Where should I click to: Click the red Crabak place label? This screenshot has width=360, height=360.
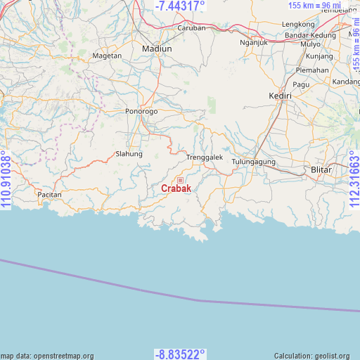tap(175, 188)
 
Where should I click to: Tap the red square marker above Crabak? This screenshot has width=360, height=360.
tap(180, 180)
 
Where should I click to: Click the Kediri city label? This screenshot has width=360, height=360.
tap(280, 96)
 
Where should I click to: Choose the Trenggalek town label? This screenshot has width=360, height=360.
tap(204, 157)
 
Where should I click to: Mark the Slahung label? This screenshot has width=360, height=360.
tap(129, 154)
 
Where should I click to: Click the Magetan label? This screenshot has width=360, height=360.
tap(107, 56)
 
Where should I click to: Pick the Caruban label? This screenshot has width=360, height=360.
tap(191, 28)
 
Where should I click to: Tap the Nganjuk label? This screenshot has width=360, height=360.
tap(254, 41)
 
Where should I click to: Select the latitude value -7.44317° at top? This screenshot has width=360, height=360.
tap(180, 6)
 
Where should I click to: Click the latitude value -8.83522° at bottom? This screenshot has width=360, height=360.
tap(180, 354)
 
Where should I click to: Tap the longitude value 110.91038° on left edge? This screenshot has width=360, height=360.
tap(6, 180)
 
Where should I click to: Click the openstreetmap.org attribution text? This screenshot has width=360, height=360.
tap(47, 356)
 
